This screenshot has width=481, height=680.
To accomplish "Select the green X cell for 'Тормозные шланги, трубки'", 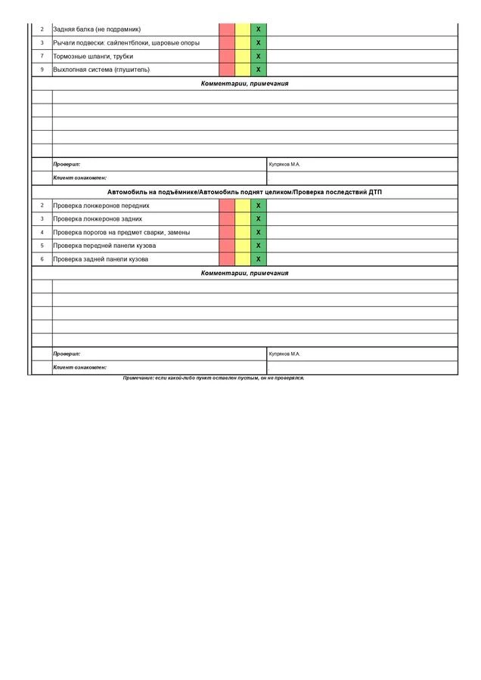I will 258,57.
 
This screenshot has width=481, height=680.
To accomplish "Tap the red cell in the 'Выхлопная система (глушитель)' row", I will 227,70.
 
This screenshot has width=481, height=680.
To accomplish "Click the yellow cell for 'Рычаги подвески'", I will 243,43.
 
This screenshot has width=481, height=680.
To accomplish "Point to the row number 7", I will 42,57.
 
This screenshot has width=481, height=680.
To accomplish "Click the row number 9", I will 42,70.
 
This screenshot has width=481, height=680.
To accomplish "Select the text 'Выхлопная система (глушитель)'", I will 101,70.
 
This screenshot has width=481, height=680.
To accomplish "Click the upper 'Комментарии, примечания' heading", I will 244,84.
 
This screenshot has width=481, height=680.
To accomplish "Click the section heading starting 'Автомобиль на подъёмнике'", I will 244,193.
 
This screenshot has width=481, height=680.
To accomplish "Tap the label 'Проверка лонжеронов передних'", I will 101,206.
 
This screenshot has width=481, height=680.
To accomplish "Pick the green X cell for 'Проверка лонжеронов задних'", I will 258,219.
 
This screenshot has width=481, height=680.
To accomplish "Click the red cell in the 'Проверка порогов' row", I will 227,233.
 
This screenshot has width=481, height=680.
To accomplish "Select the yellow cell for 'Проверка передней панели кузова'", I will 243,246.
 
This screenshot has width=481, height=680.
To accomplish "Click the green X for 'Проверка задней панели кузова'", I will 258,259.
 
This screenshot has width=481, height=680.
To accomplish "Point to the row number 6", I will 42,259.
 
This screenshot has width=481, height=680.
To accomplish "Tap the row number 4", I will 42,233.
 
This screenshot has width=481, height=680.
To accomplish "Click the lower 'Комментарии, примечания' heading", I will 244,273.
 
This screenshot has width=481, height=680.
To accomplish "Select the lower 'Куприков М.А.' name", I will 285,354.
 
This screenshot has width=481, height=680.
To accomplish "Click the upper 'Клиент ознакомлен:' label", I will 79,178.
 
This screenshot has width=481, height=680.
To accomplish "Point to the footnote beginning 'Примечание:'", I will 213,378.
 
